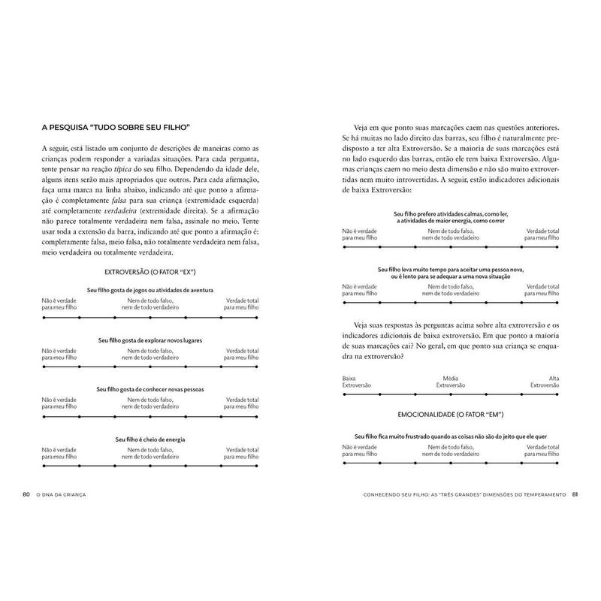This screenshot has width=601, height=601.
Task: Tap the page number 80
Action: click(x=26, y=494)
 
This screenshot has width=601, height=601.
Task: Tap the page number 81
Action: click(x=575, y=494)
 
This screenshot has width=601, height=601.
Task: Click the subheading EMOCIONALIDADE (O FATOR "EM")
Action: click(x=451, y=415)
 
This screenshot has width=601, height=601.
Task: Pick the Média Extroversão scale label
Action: click(x=451, y=381)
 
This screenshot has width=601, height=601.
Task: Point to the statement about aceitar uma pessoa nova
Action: click(x=451, y=272)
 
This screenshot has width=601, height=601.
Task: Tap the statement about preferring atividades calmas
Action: click(x=451, y=218)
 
